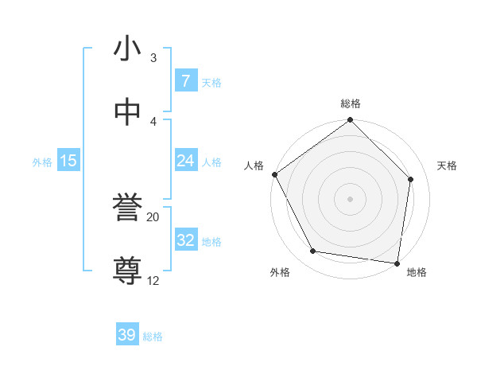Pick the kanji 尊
128,271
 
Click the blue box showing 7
185,81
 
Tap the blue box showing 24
185,161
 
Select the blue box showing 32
185,240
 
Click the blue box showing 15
68,161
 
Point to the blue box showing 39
127,335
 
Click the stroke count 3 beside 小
153,58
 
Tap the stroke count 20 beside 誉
153,216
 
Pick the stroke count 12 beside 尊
153,280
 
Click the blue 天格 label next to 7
211,82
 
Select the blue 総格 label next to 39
153,337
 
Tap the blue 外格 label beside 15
42,162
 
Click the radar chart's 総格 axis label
351,103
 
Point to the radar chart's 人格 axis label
254,165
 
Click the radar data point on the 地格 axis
397,263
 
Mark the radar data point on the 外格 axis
313,251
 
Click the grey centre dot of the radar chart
351,198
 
